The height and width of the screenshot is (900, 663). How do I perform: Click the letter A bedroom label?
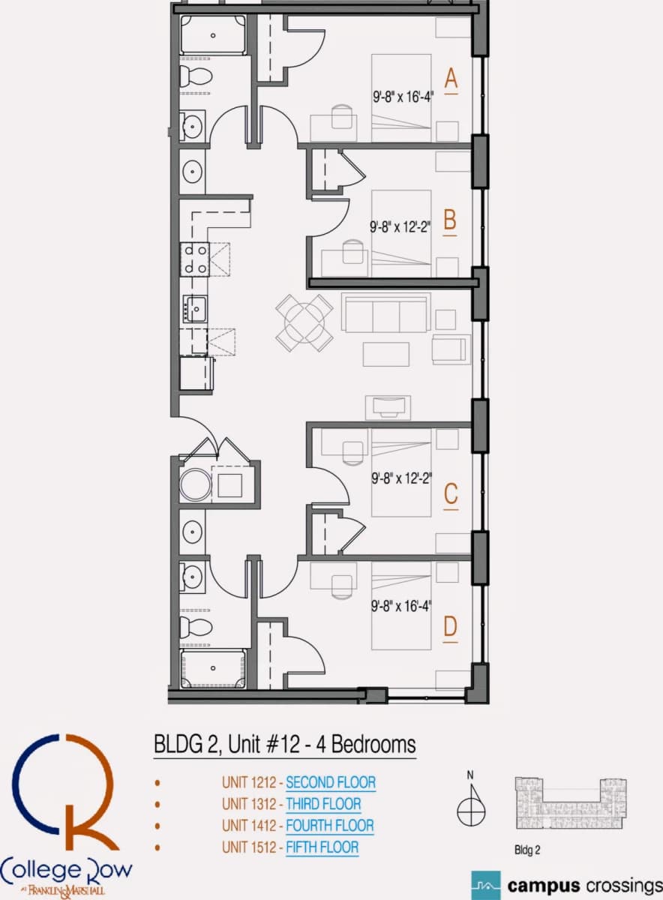pos(451,79)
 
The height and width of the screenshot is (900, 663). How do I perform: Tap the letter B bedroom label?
pos(450,220)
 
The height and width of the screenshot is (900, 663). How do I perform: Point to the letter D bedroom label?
pos(451,626)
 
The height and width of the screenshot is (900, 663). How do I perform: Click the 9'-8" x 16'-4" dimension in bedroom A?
pos(403,97)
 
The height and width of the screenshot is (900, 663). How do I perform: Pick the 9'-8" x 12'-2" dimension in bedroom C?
pos(401,478)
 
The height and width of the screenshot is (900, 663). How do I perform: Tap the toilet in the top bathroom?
pos(196,75)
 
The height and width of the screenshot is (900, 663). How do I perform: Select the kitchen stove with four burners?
pos(194,259)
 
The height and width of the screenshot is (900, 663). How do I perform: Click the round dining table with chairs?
pos(304,322)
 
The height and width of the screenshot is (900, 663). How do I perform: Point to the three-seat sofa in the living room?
pos(385,313)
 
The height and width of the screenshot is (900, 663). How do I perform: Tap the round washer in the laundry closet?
pos(195,486)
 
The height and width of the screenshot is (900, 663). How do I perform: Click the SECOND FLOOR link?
pos(331,781)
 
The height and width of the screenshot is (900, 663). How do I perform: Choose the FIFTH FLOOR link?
pos(322,847)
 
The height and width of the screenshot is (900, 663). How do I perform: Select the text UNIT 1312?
pos(249,803)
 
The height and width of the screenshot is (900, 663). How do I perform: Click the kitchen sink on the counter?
pos(195,308)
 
